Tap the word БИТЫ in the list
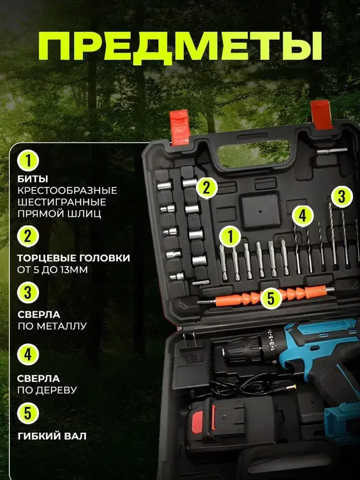tap(33, 179)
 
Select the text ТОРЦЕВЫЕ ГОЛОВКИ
tap(74, 258)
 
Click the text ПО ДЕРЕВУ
tap(47, 390)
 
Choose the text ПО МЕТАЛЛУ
tap(52, 326)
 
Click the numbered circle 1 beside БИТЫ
tap(28, 161)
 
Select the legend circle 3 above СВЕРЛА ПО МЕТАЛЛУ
tap(28, 293)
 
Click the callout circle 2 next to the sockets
tap(206, 188)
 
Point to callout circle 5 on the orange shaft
tap(271, 299)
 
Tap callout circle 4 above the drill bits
tap(303, 216)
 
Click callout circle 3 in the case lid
tap(342, 196)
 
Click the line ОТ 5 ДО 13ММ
tap(53, 270)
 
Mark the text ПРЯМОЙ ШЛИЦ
tap(59, 214)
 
